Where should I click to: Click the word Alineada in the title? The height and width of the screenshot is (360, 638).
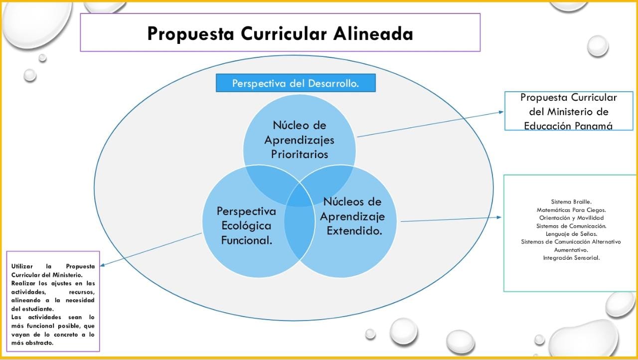(x=373, y=33)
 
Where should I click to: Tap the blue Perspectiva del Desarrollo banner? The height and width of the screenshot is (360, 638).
(x=296, y=83)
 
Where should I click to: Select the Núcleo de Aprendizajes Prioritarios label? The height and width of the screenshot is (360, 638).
(x=300, y=140)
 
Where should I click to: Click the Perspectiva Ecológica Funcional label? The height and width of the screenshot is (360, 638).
(x=246, y=225)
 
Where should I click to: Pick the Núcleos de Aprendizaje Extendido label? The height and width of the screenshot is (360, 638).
(x=352, y=216)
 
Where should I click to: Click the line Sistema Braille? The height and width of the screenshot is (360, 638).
(x=571, y=202)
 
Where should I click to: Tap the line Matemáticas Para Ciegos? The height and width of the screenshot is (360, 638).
(x=571, y=210)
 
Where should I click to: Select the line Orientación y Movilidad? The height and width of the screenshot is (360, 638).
(x=571, y=218)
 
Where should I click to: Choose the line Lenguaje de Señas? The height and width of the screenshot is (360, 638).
(x=571, y=234)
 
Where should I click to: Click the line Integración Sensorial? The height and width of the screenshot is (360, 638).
(x=571, y=258)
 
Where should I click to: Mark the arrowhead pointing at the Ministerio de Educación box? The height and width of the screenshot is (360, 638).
(x=501, y=112)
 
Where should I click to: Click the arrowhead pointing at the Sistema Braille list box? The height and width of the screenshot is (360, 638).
(x=499, y=217)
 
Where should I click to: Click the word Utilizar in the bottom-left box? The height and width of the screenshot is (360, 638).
(x=22, y=266)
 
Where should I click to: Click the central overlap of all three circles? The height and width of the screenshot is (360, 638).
(x=300, y=196)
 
